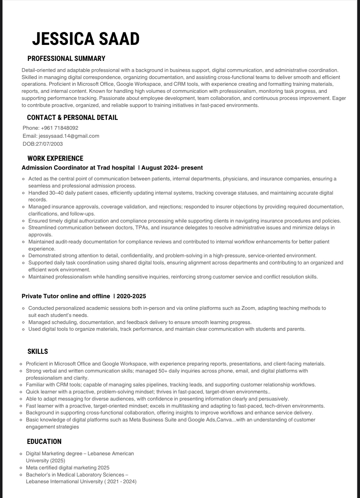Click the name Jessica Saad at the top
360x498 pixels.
(x=86, y=39)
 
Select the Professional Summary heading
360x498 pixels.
(x=66, y=58)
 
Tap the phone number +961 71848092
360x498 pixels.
(x=59, y=128)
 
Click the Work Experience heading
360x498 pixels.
(x=55, y=158)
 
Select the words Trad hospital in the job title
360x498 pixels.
(x=116, y=168)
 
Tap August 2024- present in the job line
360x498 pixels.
(x=172, y=168)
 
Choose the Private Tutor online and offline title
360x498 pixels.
(x=66, y=296)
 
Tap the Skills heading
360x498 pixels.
(x=38, y=351)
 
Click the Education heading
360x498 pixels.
(x=44, y=441)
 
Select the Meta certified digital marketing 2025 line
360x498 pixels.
(x=67, y=468)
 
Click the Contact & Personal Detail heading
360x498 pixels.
(x=72, y=117)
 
